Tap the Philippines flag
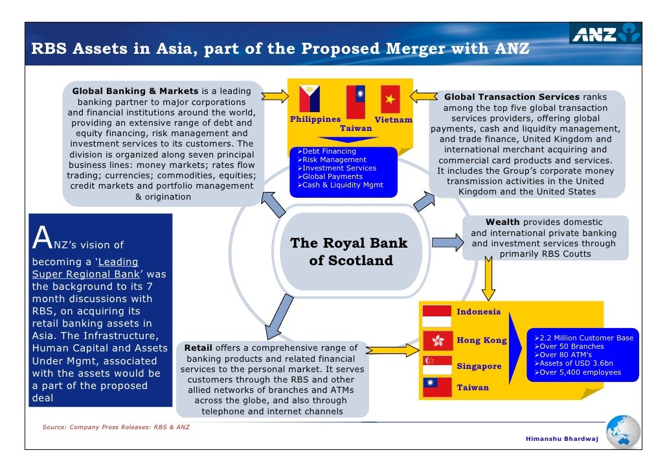309,98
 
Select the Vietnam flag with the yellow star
390,99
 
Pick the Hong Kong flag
436,340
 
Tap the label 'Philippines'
315,119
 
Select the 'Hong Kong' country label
482,340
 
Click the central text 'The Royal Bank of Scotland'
348,252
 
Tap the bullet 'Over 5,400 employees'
580,372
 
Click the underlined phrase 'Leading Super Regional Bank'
85,268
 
